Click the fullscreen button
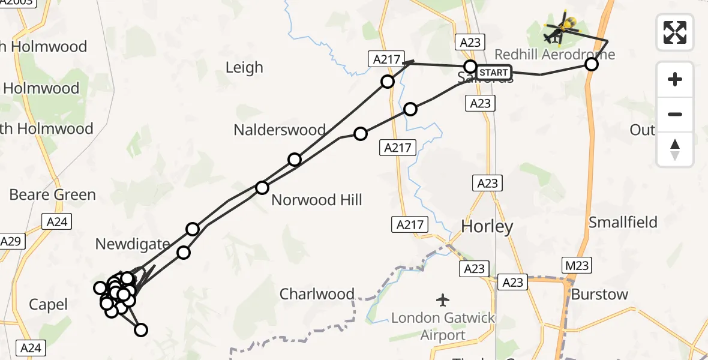675,32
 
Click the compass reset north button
675,149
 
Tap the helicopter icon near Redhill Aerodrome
561,27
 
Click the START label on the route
494,73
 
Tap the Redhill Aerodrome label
554,55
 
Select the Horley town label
487,226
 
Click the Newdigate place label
133,244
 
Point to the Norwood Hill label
317,200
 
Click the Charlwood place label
317,294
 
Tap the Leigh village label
244,67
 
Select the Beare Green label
53,195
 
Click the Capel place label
49,305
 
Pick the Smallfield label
623,223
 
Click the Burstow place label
599,295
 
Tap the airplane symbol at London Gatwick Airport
443,299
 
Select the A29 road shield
10,242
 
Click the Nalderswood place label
280,130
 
